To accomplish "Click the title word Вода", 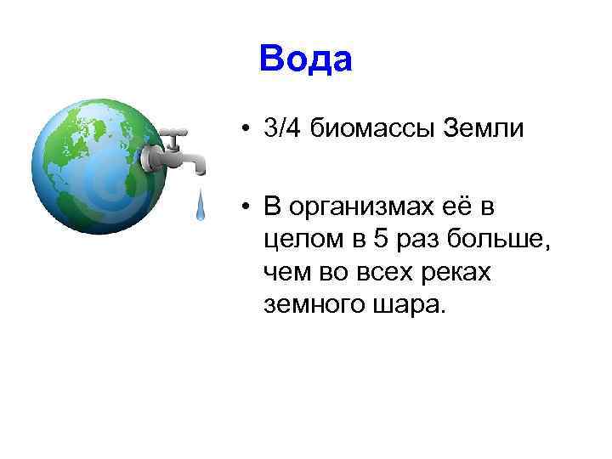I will (x=305, y=60).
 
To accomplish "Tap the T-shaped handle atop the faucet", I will (x=175, y=133).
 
